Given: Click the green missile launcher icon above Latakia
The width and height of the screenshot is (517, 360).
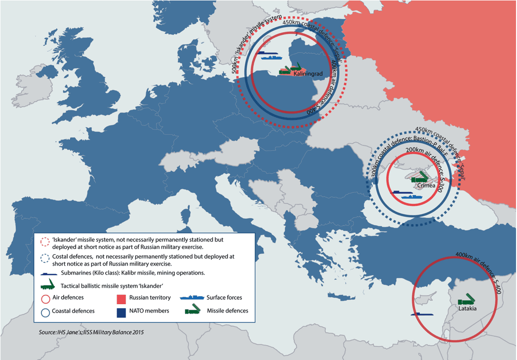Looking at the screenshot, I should (467, 299).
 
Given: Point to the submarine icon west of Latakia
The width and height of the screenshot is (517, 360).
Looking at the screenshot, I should (421, 314).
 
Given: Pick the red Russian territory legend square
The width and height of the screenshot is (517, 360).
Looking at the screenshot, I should (120, 298).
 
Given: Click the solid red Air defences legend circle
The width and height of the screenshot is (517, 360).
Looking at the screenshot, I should (45, 298).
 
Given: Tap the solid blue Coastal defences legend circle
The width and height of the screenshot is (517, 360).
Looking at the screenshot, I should (45, 311).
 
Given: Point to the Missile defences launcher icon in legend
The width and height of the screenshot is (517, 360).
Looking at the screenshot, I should (194, 311).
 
